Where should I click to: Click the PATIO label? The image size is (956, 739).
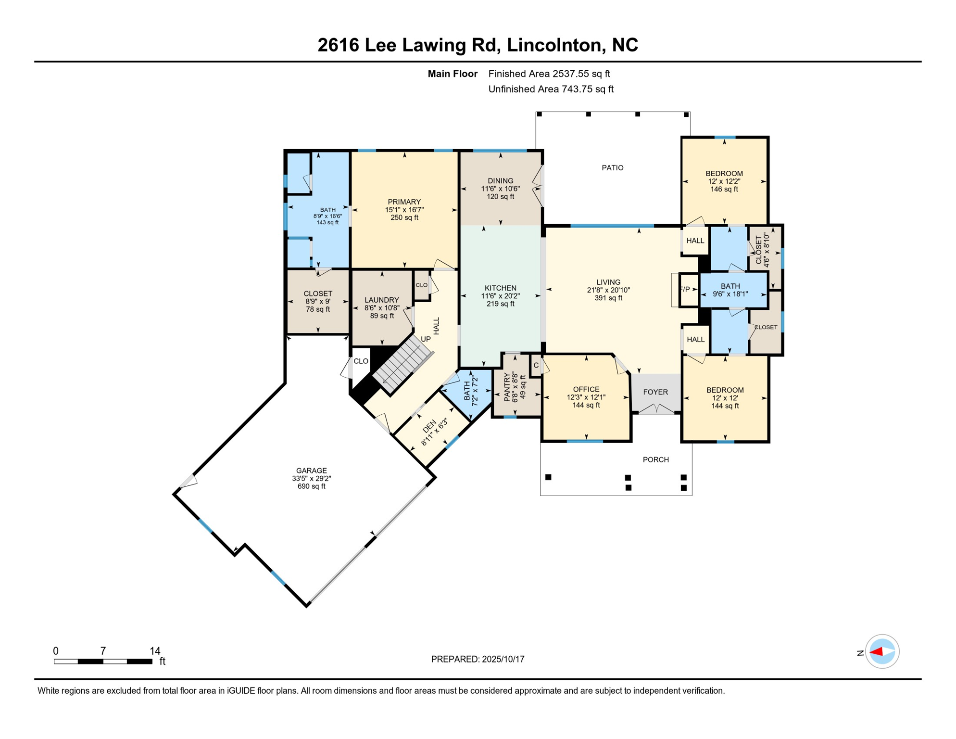(x=612, y=167)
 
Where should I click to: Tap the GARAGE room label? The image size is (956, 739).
(x=311, y=471)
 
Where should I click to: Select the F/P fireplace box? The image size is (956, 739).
(x=688, y=289)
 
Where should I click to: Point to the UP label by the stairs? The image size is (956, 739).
(x=426, y=339)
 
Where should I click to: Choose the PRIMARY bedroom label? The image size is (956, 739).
(x=404, y=202)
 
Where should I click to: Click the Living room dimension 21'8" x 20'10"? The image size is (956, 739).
(x=608, y=290)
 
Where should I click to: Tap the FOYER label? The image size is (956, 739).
(x=655, y=392)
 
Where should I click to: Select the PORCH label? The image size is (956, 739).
(x=655, y=459)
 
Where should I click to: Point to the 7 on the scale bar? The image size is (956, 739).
(x=103, y=650)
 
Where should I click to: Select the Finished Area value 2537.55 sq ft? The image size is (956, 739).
(x=581, y=74)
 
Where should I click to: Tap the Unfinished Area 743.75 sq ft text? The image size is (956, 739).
(x=551, y=89)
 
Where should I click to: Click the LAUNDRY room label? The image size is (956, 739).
(x=381, y=300)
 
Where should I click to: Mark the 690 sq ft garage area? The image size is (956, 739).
(x=311, y=486)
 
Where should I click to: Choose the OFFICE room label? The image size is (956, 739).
(x=586, y=389)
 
